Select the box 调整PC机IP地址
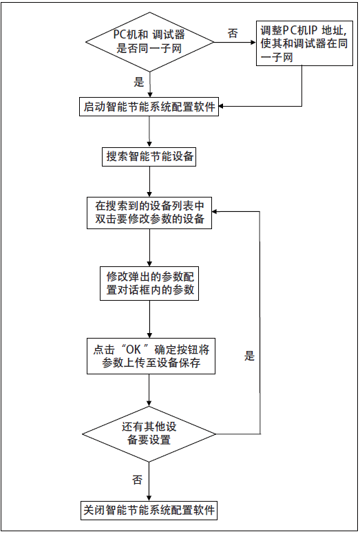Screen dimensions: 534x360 coord(302,44)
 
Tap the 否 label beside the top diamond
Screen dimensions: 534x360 coord(233,34)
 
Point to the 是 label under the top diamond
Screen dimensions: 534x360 coord(139,82)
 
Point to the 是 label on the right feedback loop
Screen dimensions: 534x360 coord(249,356)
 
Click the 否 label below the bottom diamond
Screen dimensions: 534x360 coord(137,478)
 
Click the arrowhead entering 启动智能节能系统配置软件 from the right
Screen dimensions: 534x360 coord(223,107)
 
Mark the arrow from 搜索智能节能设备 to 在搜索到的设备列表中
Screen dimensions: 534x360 coord(149,182)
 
